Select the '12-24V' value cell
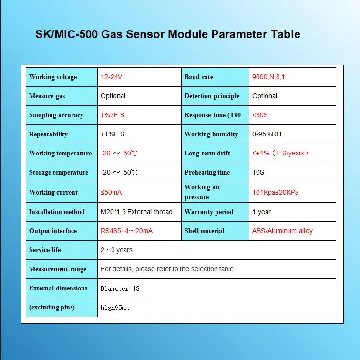(115, 77)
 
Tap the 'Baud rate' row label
(199, 77)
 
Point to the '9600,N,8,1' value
(268, 77)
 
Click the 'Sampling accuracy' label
(56, 115)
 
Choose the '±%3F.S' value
(113, 115)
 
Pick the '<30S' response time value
(260, 115)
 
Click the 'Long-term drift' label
(207, 153)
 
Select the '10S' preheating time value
(258, 172)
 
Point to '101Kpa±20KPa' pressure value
(276, 192)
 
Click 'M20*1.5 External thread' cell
(136, 212)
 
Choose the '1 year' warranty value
(261, 212)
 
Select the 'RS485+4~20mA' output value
(127, 231)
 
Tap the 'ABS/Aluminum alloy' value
(282, 231)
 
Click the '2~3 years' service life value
(117, 250)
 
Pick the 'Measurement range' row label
(58, 269)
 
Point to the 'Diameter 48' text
(120, 288)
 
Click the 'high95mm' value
(115, 308)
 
